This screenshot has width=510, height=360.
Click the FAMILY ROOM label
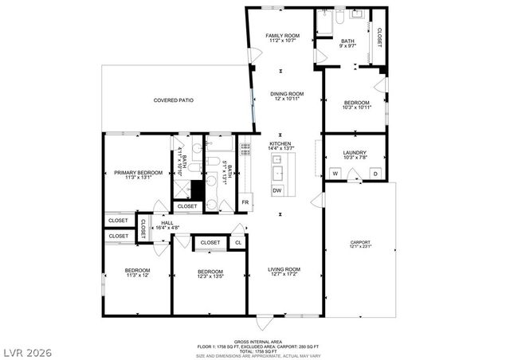click(x=282, y=36)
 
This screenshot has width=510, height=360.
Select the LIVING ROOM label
click(x=283, y=269)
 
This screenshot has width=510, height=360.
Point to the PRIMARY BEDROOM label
click(x=138, y=173)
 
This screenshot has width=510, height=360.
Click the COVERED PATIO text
click(x=174, y=100)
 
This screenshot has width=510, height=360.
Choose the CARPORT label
click(x=360, y=242)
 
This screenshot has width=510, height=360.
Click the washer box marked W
click(x=335, y=172)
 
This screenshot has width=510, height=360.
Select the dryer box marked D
click(x=374, y=172)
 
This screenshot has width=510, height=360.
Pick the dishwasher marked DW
click(x=277, y=190)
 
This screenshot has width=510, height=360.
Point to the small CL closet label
click(x=238, y=243)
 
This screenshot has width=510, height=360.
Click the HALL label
click(x=167, y=223)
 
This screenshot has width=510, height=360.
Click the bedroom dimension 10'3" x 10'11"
click(x=356, y=108)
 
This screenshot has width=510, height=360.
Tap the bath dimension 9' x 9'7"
click(x=348, y=47)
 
